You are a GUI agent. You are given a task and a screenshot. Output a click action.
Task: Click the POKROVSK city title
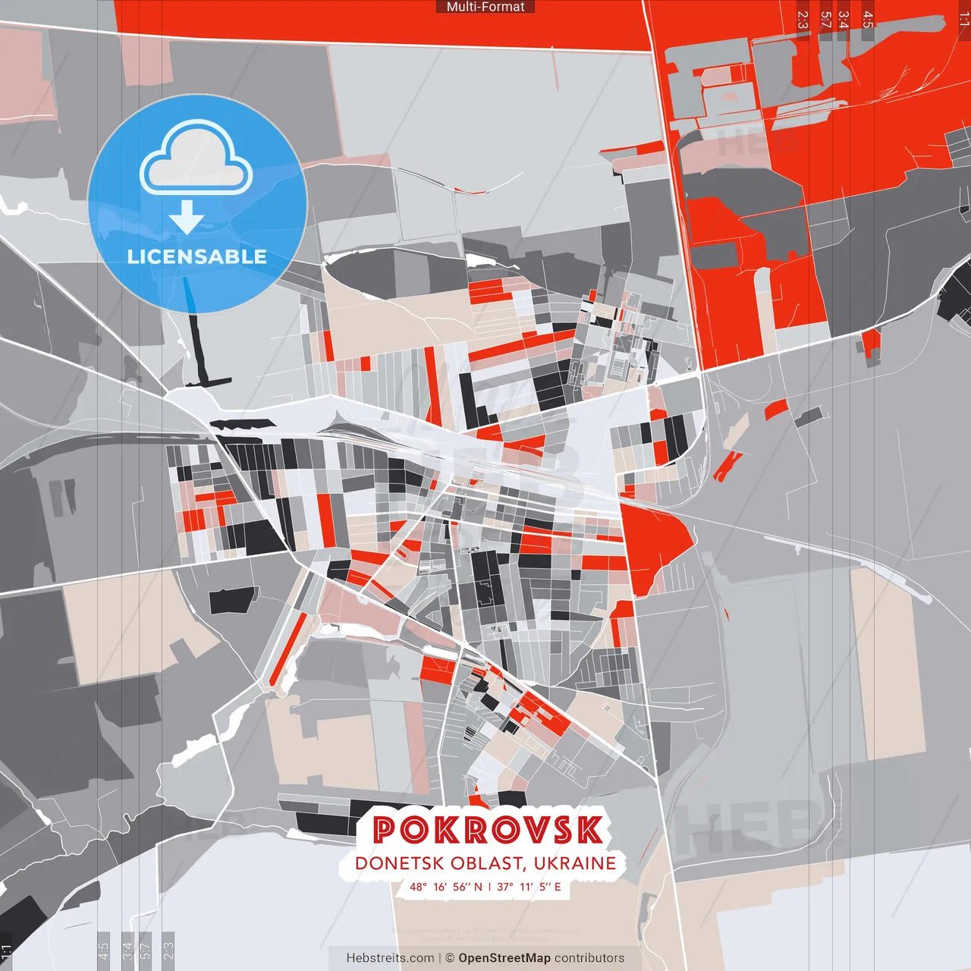488,830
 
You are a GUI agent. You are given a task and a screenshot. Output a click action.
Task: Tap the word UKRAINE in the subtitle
574,863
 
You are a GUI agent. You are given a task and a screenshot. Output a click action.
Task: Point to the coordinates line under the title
485,886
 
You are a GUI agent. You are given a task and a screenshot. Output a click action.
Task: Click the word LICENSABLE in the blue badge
197,256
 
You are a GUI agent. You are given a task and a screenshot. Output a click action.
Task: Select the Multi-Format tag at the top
485,7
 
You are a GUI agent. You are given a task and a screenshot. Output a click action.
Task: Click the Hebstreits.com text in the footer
390,958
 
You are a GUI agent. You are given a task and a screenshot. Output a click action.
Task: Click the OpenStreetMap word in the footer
504,958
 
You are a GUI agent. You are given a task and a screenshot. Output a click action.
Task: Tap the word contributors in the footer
589,958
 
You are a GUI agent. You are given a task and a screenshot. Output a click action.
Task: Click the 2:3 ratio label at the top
803,20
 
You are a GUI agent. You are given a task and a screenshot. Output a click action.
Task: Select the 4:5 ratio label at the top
868,20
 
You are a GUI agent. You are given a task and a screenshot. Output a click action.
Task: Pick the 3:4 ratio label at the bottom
127,949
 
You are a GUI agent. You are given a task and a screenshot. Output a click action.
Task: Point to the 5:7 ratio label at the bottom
146,949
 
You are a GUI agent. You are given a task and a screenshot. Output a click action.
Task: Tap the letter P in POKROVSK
385,830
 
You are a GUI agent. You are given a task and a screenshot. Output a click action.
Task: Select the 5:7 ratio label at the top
826,20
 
